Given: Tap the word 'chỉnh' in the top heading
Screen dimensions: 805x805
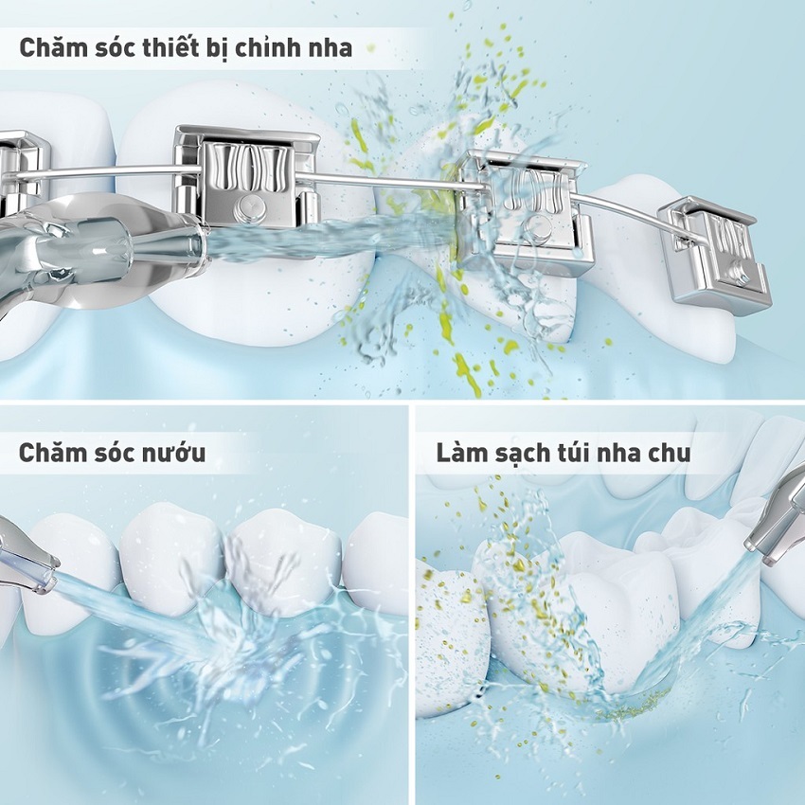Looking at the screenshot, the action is (x=267, y=48).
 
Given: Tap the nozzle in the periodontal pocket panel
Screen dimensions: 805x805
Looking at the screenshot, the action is (x=778, y=528).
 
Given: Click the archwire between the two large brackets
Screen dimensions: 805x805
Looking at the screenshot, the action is (x=390, y=181).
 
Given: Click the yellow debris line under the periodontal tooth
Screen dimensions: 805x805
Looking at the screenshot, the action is (x=634, y=705).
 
